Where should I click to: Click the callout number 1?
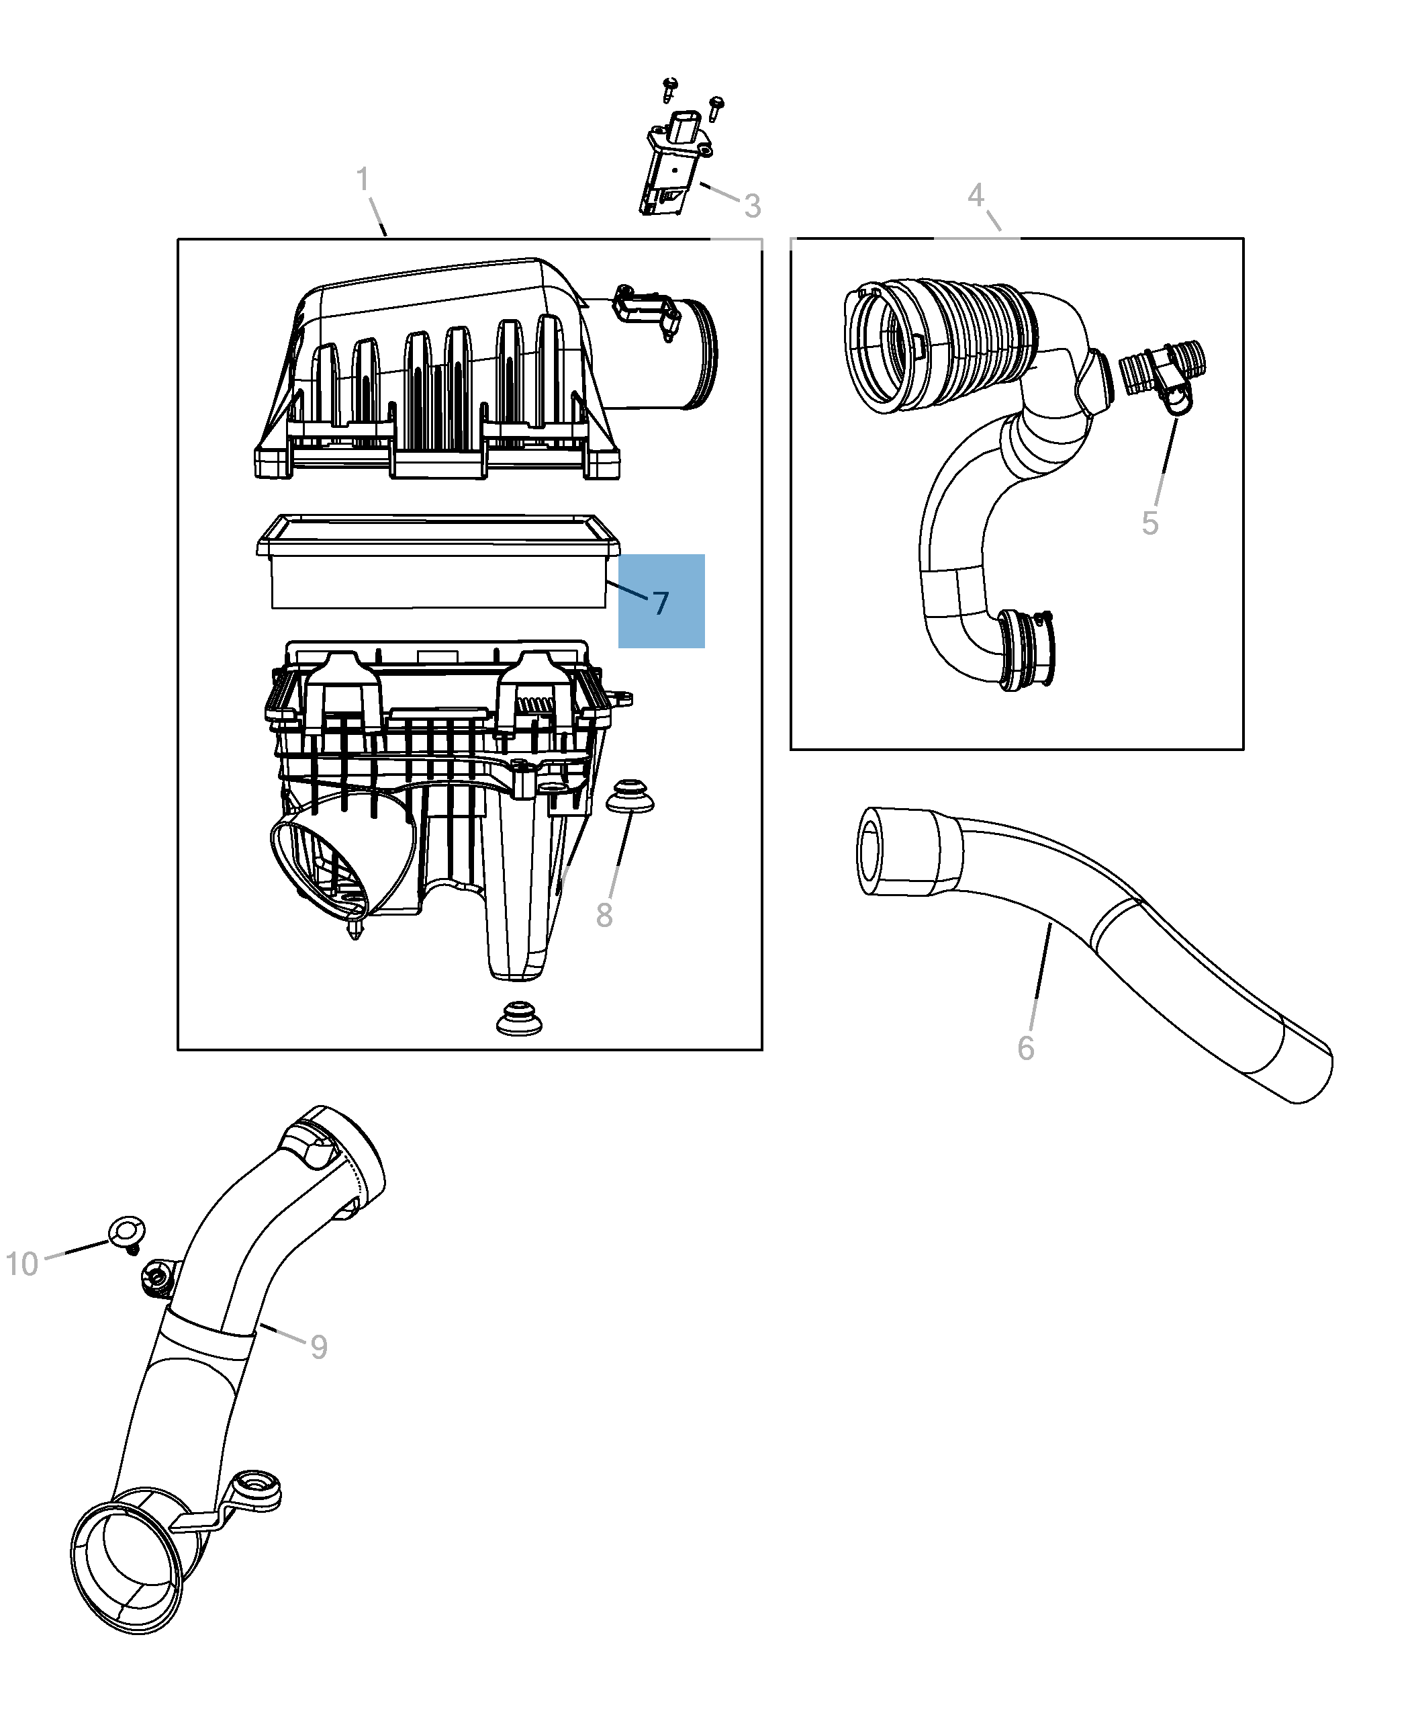point(363,179)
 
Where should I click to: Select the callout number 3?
point(753,206)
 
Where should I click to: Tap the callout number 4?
point(976,195)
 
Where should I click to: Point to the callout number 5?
point(1150,523)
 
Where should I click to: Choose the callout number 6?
point(1026,1048)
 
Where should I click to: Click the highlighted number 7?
point(661,603)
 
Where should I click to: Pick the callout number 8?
point(604,916)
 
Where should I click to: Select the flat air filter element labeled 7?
point(438,562)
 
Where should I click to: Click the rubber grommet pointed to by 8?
point(631,797)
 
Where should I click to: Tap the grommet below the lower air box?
point(520,1019)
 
